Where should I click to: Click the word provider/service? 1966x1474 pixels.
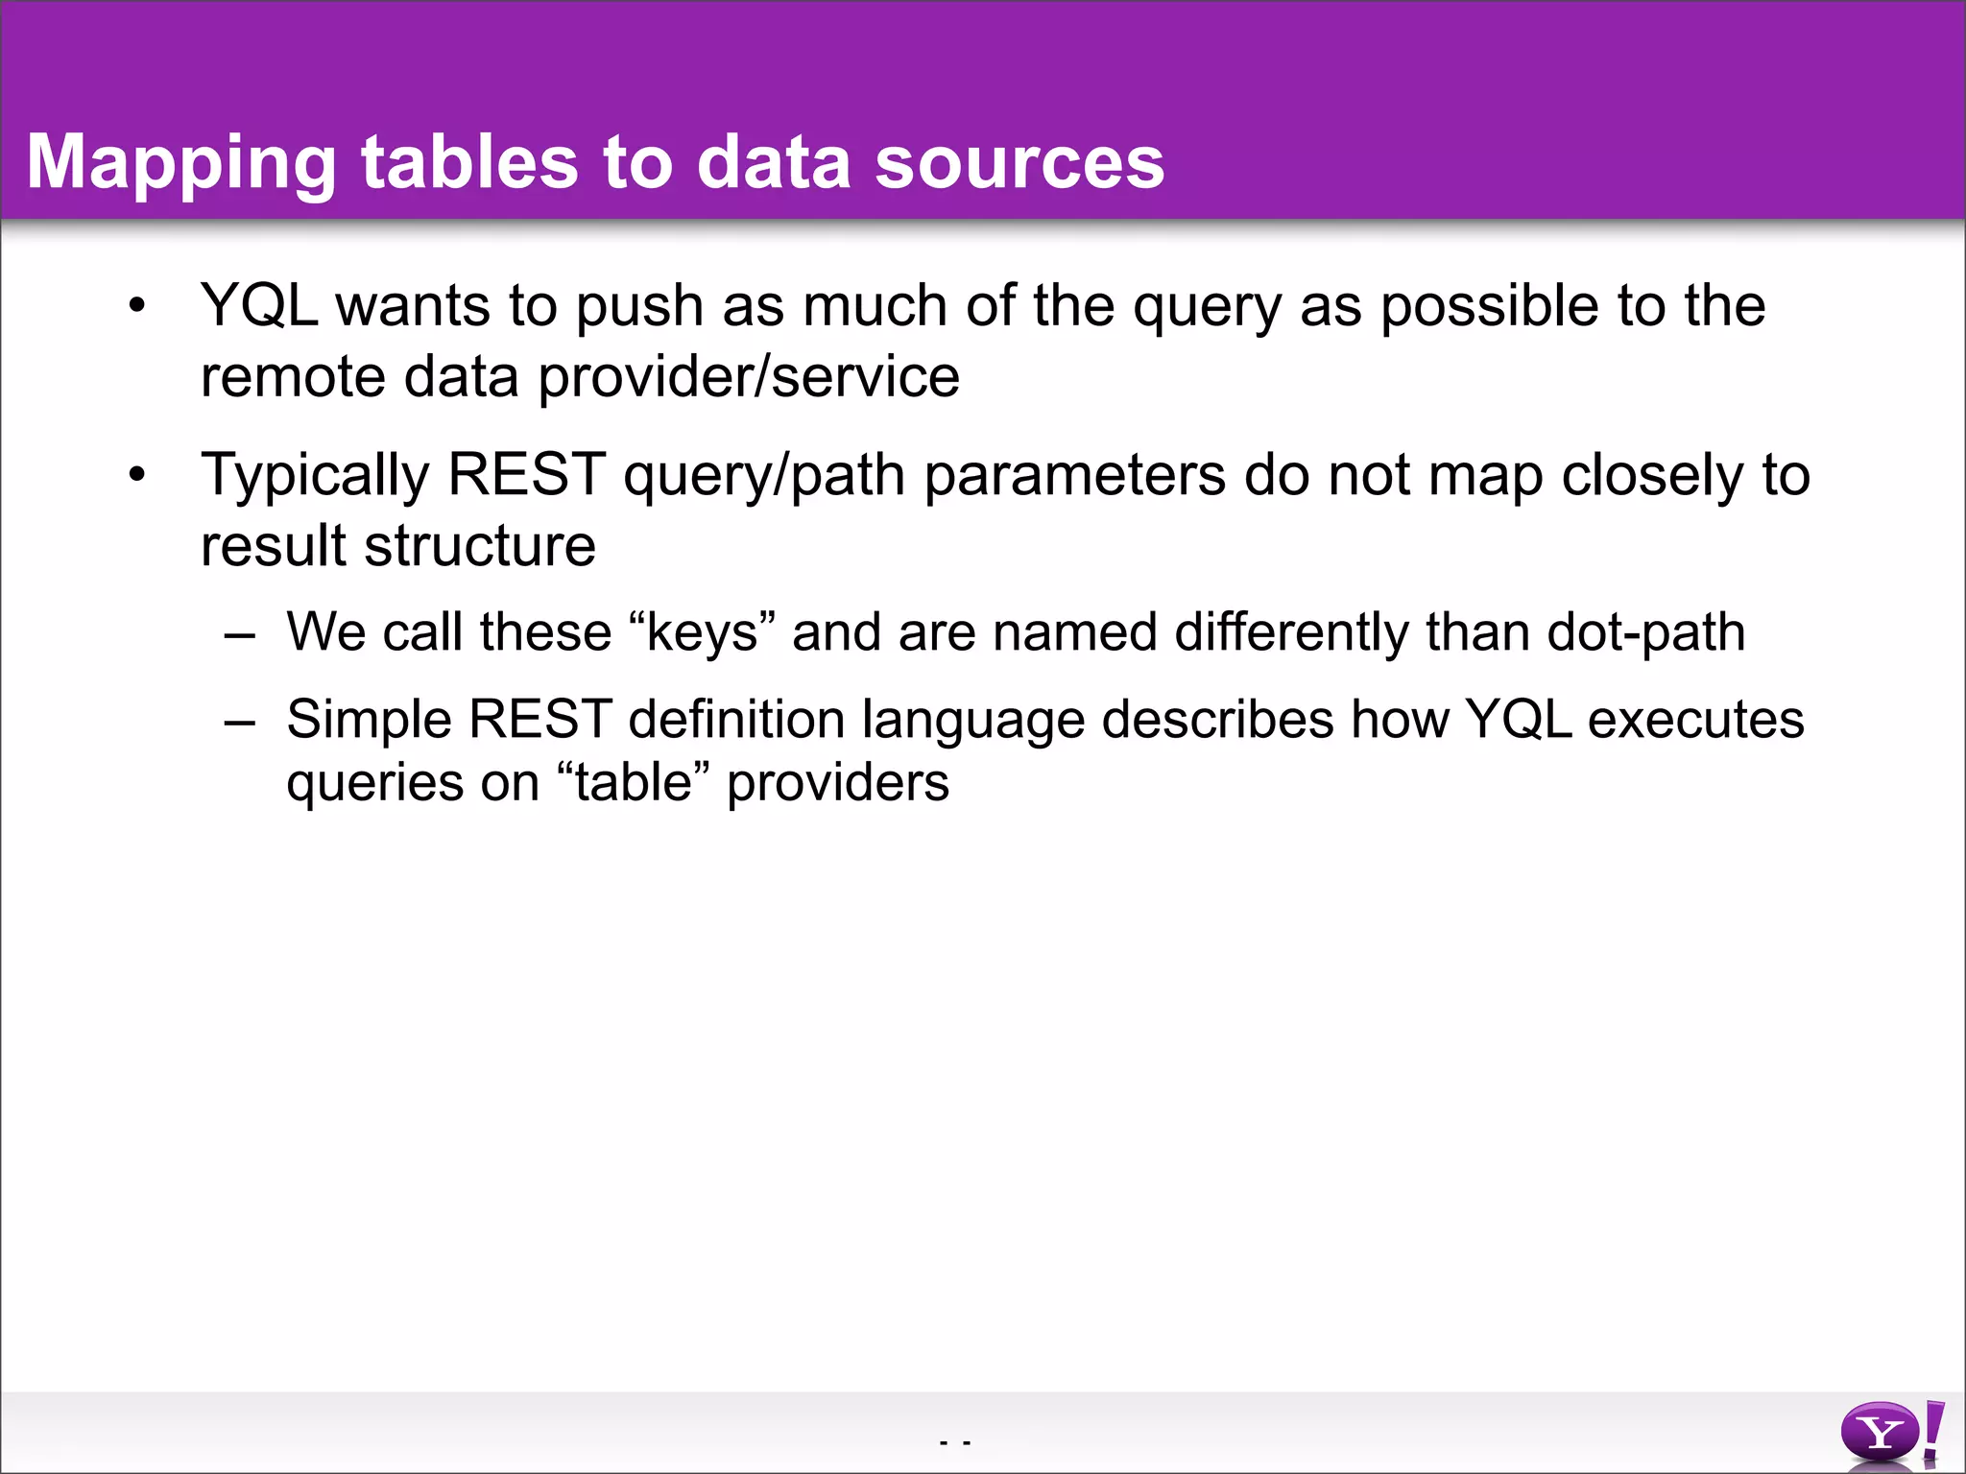pyautogui.click(x=748, y=377)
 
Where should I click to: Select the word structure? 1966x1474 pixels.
pyautogui.click(x=480, y=546)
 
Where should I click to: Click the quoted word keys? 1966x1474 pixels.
pyautogui.click(x=702, y=633)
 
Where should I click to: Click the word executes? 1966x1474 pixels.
pyautogui.click(x=1695, y=720)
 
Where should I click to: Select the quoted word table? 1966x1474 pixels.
pyautogui.click(x=633, y=783)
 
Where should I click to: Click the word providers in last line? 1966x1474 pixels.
pyautogui.click(x=837, y=783)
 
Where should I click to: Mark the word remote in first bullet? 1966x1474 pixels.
pyautogui.click(x=293, y=377)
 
